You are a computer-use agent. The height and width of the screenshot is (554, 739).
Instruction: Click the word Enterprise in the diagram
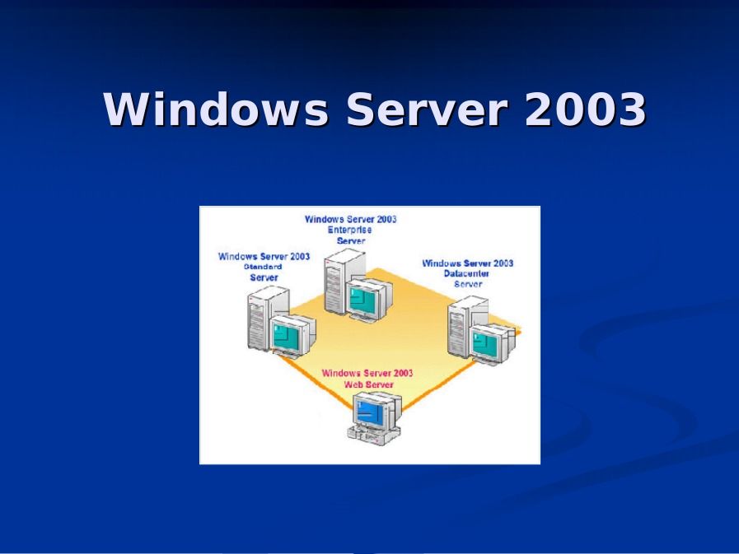pyautogui.click(x=350, y=230)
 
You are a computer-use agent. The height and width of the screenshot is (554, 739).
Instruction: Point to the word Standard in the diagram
pyautogui.click(x=263, y=267)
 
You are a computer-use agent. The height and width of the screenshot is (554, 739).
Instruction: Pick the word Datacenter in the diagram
pyautogui.click(x=467, y=273)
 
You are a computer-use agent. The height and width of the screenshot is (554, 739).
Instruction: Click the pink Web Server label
pyautogui.click(x=368, y=384)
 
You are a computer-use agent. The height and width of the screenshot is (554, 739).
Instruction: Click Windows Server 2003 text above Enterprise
pyautogui.click(x=350, y=219)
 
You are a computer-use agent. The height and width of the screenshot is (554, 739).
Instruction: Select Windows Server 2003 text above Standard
pyautogui.click(x=264, y=256)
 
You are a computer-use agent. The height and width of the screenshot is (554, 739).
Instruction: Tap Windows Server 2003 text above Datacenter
pyautogui.click(x=467, y=263)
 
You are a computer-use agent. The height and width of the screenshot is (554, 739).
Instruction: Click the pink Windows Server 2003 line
pyautogui.click(x=367, y=373)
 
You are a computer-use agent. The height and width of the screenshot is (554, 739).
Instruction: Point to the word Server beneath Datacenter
pyautogui.click(x=468, y=284)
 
